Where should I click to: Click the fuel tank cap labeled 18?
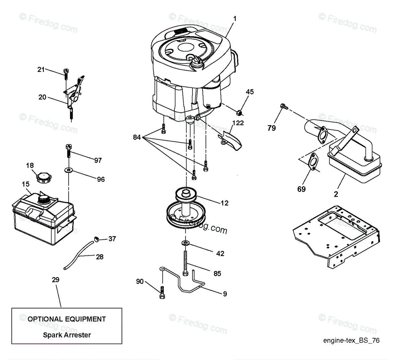click(x=43, y=177)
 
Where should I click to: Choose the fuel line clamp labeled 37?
click(x=97, y=239)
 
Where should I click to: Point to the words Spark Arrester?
click(x=67, y=335)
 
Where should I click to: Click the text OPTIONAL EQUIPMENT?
click(x=67, y=319)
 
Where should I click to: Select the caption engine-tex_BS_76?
click(x=351, y=341)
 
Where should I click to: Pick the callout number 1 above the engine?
click(x=235, y=19)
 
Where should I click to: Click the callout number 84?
click(x=136, y=137)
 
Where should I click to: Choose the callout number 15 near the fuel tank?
click(x=26, y=184)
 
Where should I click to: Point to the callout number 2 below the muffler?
click(x=336, y=194)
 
